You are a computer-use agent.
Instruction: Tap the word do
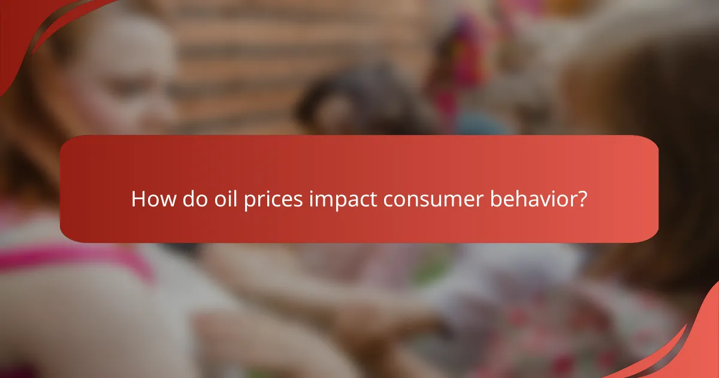click(x=191, y=199)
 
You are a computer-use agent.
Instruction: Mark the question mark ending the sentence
click(x=581, y=199)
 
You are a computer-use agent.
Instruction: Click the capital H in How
click(x=138, y=199)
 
